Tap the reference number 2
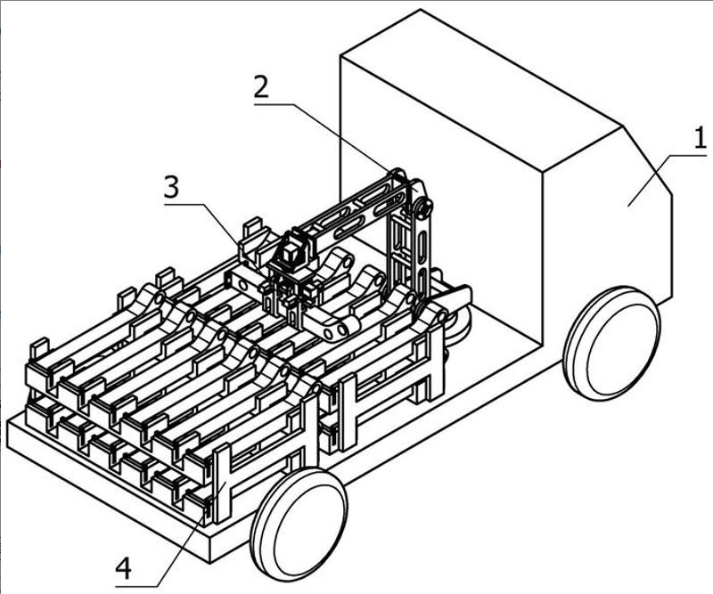(260, 87)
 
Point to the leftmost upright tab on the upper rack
(38, 352)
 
